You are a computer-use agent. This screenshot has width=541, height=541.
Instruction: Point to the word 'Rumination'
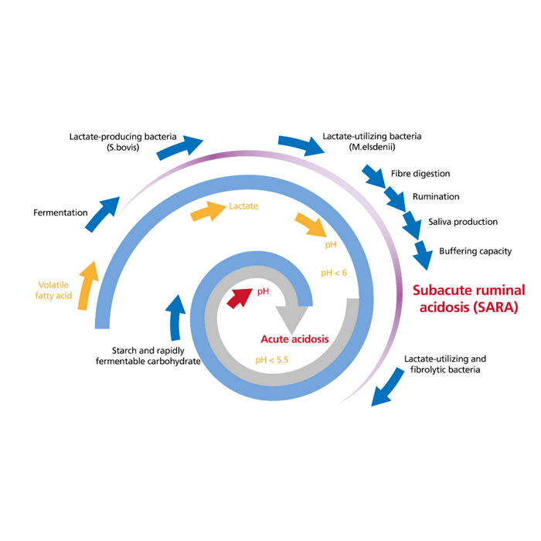[x=435, y=197]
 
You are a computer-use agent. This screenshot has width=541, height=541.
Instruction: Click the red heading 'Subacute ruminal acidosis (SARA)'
[x=468, y=298]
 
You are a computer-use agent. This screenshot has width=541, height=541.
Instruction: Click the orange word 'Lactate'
[x=243, y=206]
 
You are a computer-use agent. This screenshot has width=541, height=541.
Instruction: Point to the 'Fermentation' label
[x=60, y=212]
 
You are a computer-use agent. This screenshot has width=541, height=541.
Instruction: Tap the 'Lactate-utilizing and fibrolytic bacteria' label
[x=445, y=365]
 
